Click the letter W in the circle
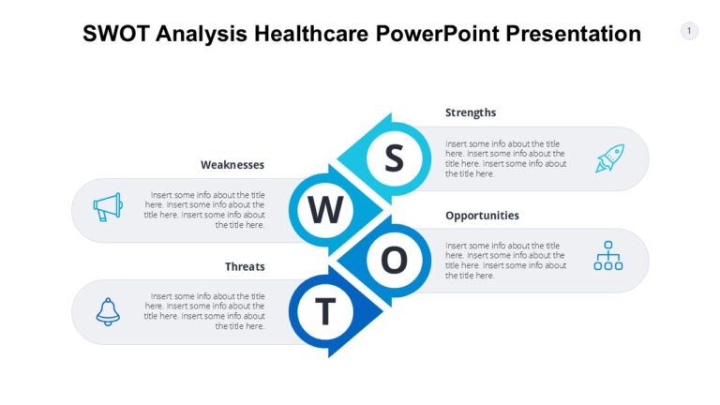pos(325,209)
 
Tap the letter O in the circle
pos(395,260)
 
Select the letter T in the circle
pos(325,311)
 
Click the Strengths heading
pos(471,112)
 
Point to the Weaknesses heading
pos(232,164)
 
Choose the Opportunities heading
pos(482,215)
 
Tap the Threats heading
pos(245,266)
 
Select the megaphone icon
pos(108,207)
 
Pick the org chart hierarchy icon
pos(608,256)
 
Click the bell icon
pos(108,311)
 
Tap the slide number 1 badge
pos(689,31)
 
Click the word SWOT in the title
pos(117,35)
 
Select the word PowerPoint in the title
pos(438,35)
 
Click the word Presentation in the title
pos(573,35)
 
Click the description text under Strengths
pos(505,158)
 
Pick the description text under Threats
pos(206,311)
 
